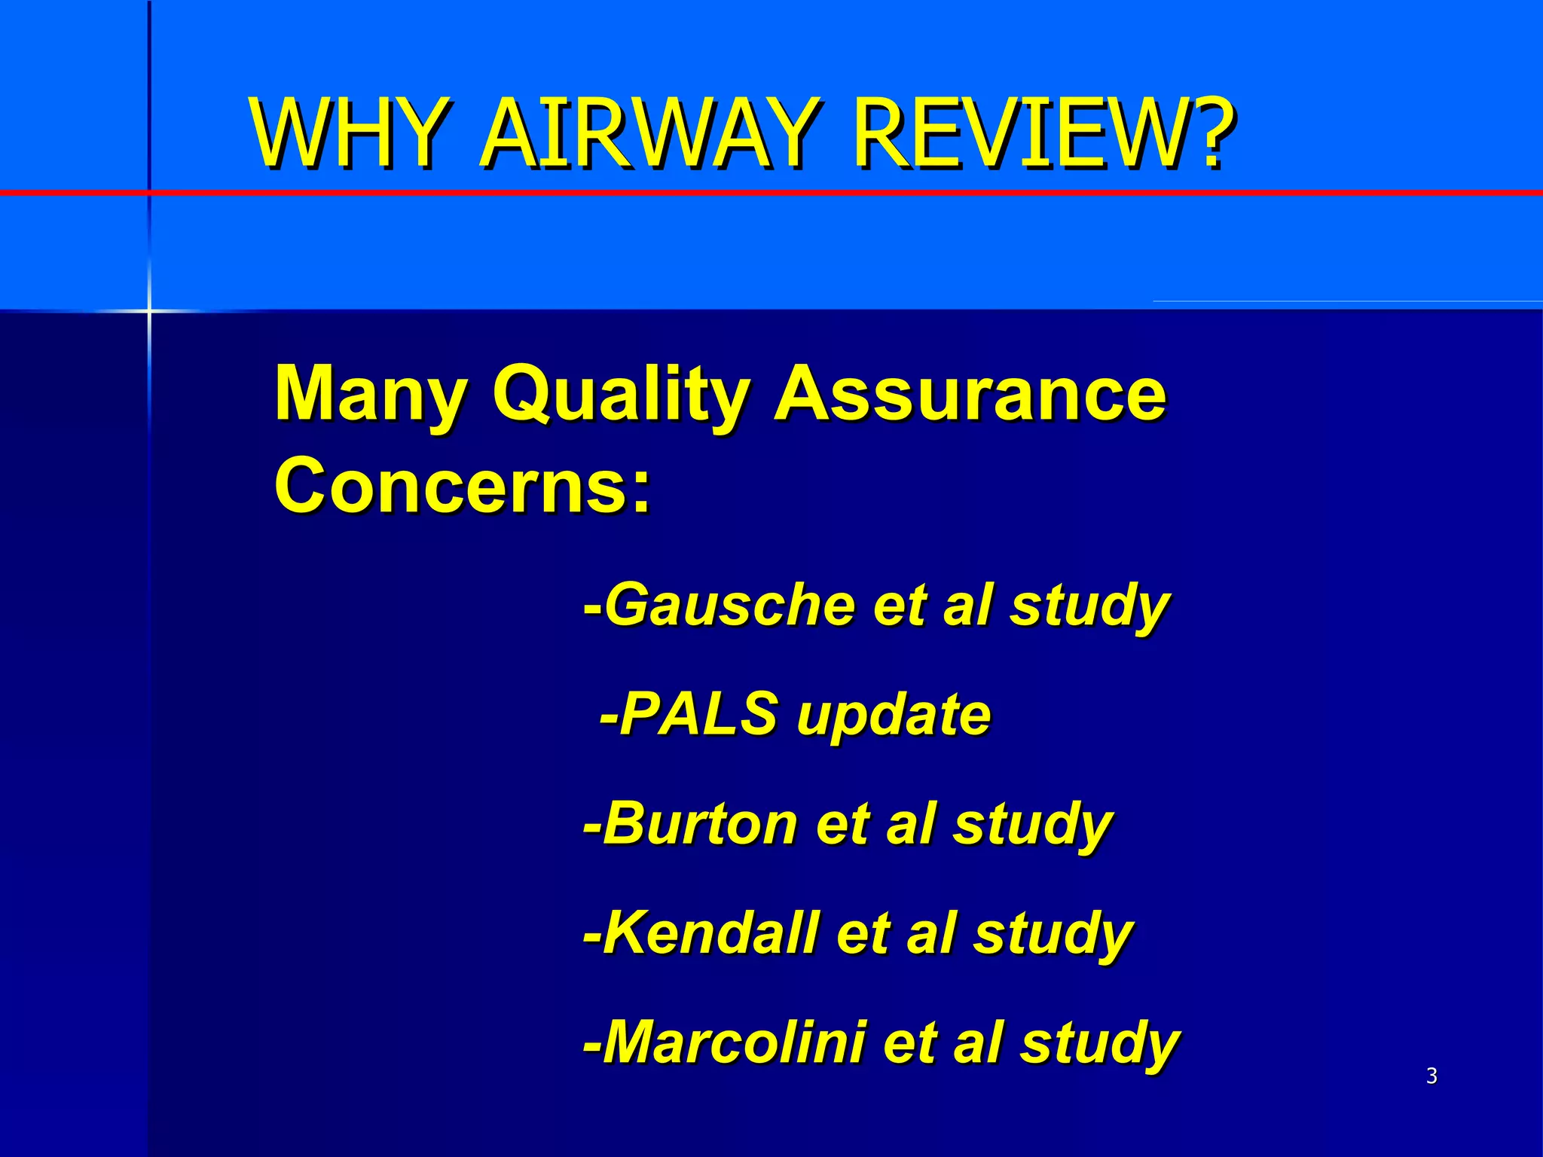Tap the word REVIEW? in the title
[1043, 133]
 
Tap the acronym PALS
[698, 713]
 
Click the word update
[894, 715]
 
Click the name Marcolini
[734, 1043]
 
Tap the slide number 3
[1431, 1076]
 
